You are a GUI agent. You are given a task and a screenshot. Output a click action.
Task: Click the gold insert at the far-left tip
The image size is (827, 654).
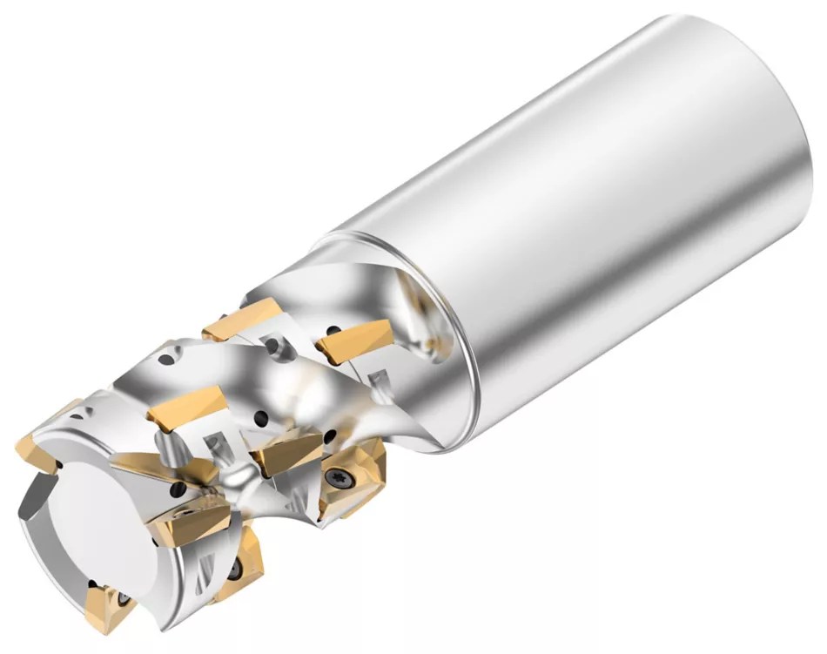(44, 435)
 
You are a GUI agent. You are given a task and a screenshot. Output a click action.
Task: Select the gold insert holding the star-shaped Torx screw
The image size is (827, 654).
(348, 475)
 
